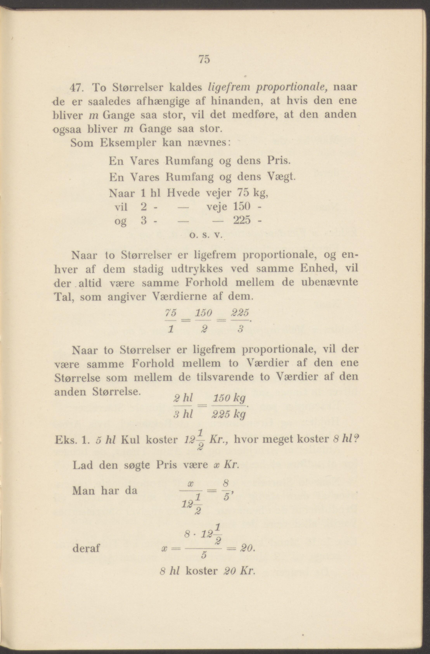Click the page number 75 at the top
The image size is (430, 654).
(204, 60)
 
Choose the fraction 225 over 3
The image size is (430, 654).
(240, 321)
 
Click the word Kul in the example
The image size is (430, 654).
(130, 440)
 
